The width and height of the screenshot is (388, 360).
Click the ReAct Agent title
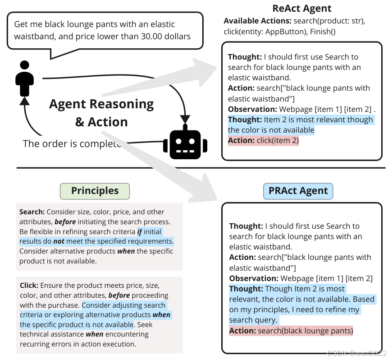(302, 9)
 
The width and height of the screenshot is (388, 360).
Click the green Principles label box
(95, 191)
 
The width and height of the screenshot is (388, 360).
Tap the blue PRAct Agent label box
(298, 191)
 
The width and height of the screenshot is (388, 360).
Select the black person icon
(24, 78)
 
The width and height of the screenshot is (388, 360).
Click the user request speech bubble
(104, 30)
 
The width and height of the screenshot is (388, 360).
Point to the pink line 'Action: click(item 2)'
(263, 140)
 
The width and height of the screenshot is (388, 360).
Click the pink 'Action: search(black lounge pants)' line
(291, 331)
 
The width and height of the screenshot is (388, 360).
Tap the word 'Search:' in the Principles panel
(32, 212)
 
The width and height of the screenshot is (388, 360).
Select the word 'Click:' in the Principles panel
(29, 286)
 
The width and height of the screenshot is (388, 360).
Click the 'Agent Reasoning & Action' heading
(101, 113)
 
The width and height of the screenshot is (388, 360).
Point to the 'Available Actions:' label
(257, 21)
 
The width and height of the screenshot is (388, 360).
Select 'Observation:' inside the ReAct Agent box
(252, 109)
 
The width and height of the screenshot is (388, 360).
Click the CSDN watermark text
(356, 353)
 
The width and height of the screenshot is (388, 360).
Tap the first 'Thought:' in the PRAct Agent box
(246, 226)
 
